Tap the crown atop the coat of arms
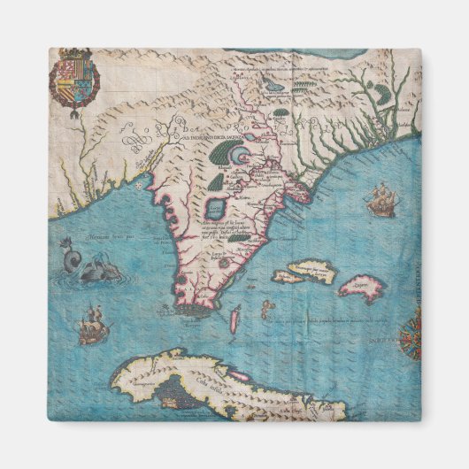click(x=74, y=57)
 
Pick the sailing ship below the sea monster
click(x=93, y=327)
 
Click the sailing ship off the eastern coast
click(x=381, y=200)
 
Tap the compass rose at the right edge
click(x=411, y=336)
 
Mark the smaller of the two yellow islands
click(x=287, y=277)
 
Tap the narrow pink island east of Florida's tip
click(x=234, y=319)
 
